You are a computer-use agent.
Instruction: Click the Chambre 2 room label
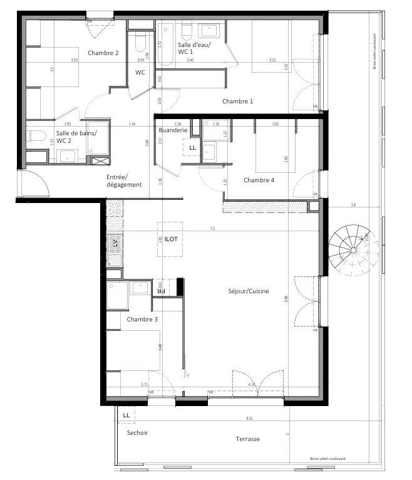(x=103, y=53)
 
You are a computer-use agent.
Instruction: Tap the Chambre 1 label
(x=238, y=101)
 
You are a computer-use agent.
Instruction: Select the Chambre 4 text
(x=259, y=180)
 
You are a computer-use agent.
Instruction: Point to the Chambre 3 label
(x=142, y=320)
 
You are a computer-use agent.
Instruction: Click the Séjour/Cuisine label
(x=249, y=291)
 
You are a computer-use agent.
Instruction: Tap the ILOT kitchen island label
(x=171, y=239)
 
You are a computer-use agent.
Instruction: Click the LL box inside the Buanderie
(x=192, y=148)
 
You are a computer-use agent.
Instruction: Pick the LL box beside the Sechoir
(x=126, y=415)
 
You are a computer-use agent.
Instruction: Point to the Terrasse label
(x=247, y=439)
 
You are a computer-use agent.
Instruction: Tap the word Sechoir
(x=137, y=433)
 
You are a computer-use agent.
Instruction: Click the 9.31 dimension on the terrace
(x=249, y=418)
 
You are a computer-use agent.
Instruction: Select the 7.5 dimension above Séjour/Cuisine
(x=213, y=229)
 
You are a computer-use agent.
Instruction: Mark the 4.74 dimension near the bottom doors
(x=251, y=384)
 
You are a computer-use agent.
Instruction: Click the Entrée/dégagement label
(x=124, y=180)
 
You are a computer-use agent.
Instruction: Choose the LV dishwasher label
(x=115, y=244)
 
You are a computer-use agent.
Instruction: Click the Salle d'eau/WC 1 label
(x=195, y=49)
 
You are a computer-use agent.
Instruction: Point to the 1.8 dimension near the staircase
(x=353, y=205)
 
